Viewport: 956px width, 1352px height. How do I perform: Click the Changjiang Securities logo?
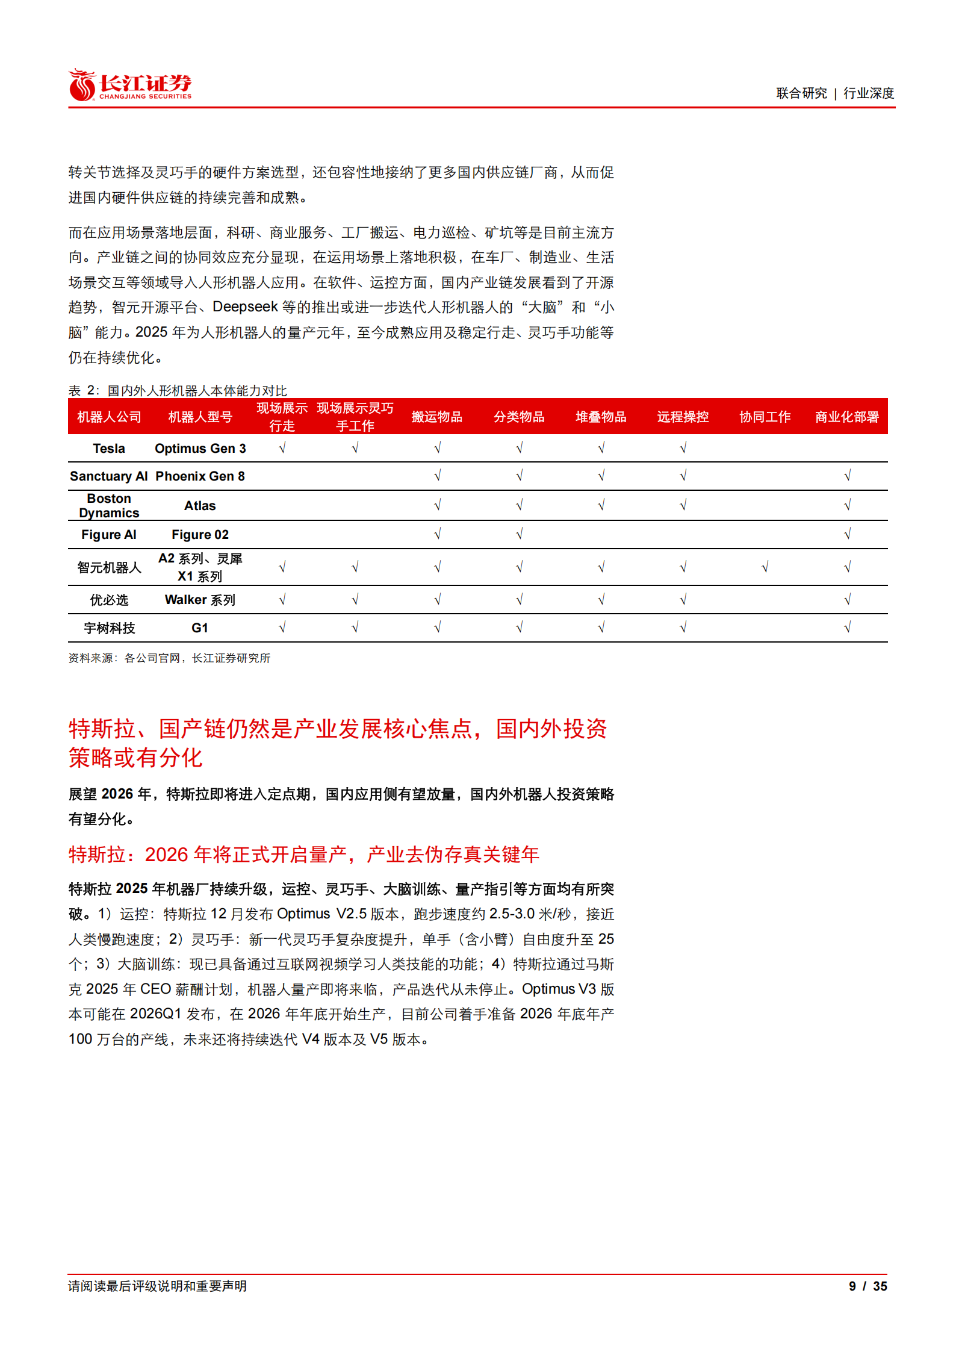coord(130,85)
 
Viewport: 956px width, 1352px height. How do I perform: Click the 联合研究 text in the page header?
coord(801,93)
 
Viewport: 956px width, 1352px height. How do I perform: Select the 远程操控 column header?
coord(683,417)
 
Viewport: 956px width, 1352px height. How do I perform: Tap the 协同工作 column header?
coord(765,417)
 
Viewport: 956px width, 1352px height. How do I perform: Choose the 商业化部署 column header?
coord(846,417)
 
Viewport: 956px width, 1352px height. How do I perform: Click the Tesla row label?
coord(109,449)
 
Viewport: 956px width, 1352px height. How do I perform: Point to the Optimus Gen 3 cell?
coord(200,449)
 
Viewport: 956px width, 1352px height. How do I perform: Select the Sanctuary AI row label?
coord(109,476)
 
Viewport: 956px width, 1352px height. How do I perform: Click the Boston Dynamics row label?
coord(109,506)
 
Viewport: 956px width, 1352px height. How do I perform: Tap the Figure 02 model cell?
coord(200,535)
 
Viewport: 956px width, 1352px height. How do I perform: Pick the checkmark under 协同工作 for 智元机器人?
coord(765,567)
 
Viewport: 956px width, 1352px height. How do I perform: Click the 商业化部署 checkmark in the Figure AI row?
coord(847,534)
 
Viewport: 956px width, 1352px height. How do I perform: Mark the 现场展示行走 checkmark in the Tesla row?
coord(282,448)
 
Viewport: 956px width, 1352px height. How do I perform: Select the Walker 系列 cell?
coord(200,600)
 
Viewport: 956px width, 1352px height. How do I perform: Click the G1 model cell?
coord(200,628)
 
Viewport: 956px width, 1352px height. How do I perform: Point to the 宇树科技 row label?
coord(109,628)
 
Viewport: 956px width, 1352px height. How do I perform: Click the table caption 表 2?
coord(178,390)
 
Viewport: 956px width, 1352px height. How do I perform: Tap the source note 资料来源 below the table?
coord(169,658)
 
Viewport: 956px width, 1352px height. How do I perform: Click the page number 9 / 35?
coord(868,1286)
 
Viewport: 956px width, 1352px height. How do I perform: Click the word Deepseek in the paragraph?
coord(245,307)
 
